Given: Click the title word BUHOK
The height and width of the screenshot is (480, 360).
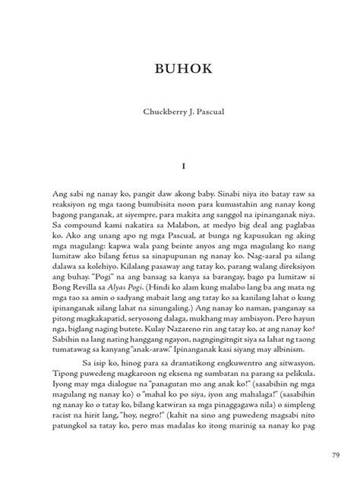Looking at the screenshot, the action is (180, 71).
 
